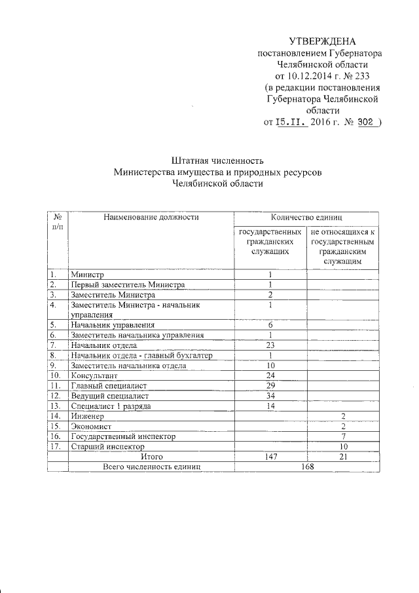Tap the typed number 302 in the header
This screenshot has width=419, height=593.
pyautogui.click(x=364, y=122)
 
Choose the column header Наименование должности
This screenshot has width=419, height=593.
pyautogui.click(x=151, y=217)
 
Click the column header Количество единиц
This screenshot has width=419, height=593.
pyautogui.click(x=308, y=217)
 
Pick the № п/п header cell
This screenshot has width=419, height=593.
pyautogui.click(x=58, y=221)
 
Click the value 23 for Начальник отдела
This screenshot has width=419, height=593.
pyautogui.click(x=270, y=345)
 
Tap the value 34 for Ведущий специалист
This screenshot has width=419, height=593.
pyautogui.click(x=270, y=396)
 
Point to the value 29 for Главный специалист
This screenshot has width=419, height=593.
pyautogui.click(x=270, y=385)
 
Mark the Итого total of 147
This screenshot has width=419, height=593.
pyautogui.click(x=270, y=456)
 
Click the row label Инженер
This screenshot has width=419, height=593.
pyautogui.click(x=88, y=416)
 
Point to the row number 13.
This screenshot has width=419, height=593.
pyautogui.click(x=56, y=406)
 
